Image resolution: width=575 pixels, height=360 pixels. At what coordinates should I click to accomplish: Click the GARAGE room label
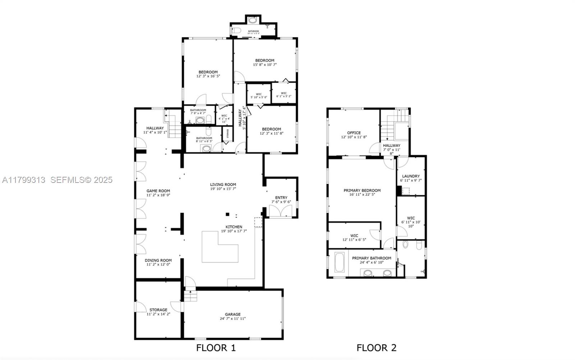tap(233, 314)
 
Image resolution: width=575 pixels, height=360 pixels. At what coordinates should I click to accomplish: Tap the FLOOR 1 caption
tap(216, 348)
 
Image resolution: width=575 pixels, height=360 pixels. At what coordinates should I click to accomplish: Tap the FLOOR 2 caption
tap(376, 348)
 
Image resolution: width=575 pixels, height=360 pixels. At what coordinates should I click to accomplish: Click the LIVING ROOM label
tap(223, 185)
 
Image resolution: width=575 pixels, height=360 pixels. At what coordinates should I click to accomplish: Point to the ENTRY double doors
tap(280, 212)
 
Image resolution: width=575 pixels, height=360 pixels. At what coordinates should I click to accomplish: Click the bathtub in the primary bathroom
tap(340, 263)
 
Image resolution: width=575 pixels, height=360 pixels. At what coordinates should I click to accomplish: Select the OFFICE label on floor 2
tap(354, 133)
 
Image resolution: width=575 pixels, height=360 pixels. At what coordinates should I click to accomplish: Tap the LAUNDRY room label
tap(411, 176)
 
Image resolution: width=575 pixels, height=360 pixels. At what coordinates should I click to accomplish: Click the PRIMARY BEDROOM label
tap(362, 190)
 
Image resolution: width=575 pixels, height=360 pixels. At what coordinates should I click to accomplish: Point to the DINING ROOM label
tap(158, 260)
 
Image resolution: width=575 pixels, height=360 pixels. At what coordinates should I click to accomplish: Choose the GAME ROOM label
tap(158, 191)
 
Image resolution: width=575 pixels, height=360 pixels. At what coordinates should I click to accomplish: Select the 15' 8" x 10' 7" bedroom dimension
tap(265, 65)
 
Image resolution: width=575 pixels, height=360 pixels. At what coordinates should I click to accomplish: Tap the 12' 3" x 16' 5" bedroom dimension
tap(208, 76)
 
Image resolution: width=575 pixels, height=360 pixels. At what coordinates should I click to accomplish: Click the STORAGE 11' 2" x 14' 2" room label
tap(158, 310)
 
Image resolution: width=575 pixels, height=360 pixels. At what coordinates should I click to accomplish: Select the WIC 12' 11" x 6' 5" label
tap(354, 236)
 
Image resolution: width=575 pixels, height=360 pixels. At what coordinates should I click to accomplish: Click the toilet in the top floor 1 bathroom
tap(236, 31)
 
